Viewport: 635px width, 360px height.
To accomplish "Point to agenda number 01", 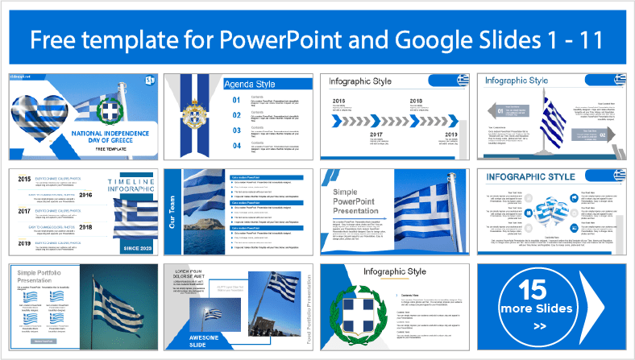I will pyautogui.click(x=237, y=100).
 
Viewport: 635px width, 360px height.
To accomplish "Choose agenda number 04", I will pyautogui.click(x=237, y=146).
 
